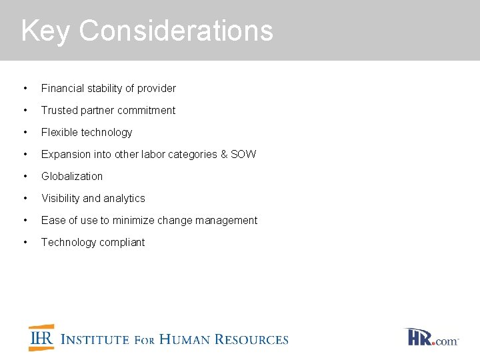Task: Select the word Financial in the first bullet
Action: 62,88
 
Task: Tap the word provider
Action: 157,88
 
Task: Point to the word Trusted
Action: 59,110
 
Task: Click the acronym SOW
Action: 243,154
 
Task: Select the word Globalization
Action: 72,176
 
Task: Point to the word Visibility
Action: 61,198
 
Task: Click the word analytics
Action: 124,198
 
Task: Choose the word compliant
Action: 122,242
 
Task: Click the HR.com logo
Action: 431,337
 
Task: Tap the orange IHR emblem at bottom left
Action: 41,338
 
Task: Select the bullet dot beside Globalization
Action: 25,176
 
